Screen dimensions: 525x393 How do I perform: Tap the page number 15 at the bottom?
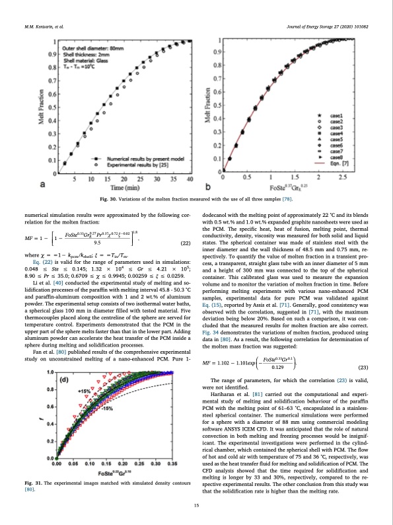pos(197,506)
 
